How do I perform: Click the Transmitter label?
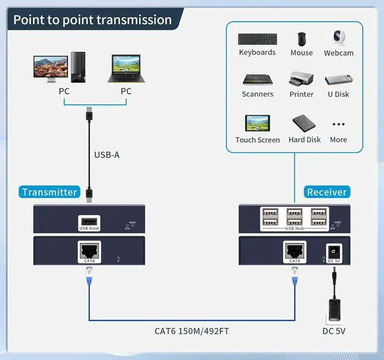[x=50, y=192]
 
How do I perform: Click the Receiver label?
[x=326, y=192]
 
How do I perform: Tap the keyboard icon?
[x=257, y=39]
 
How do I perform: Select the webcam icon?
[x=338, y=38]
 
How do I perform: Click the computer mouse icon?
[x=302, y=39]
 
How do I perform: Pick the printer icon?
[x=302, y=80]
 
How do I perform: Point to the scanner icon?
[x=257, y=80]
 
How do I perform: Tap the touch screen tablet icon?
[x=257, y=124]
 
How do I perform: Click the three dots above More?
[x=338, y=125]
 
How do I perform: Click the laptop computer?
[x=125, y=69]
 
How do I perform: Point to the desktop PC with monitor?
[x=60, y=69]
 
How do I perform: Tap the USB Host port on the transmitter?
[x=89, y=223]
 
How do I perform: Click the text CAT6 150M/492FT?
[x=191, y=331]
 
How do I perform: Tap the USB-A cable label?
[x=107, y=155]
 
